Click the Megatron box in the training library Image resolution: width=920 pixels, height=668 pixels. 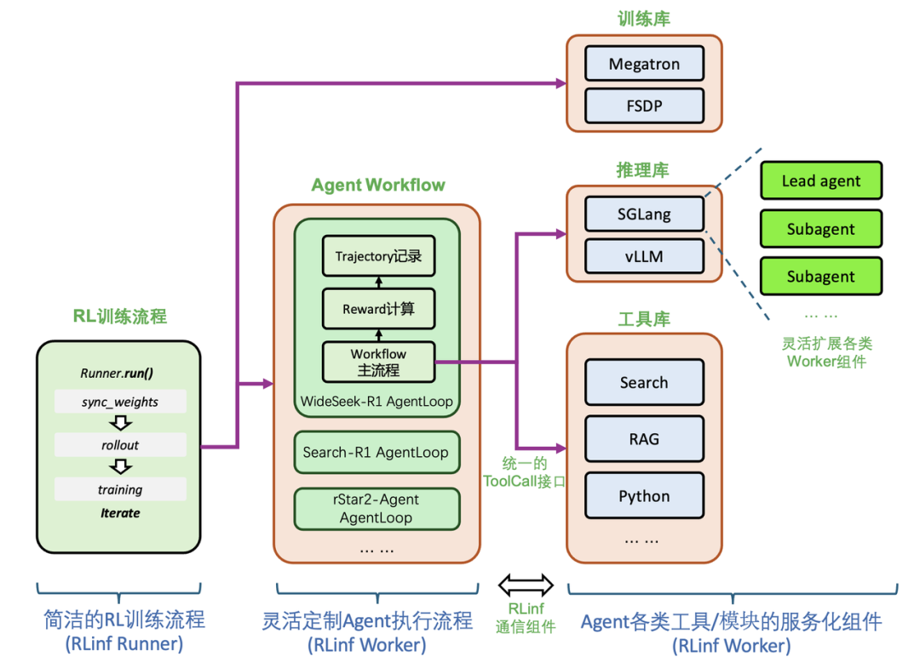[644, 65]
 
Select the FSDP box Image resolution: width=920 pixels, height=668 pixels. [644, 107]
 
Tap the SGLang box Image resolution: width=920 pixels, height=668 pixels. [644, 214]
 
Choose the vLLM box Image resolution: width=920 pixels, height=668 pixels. [644, 256]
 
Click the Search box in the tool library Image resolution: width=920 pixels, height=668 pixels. [644, 382]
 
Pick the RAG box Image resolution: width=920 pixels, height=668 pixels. [644, 439]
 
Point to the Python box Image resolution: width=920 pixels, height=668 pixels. [644, 496]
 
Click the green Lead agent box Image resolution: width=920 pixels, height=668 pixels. [820, 181]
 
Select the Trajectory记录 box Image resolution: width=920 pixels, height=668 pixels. [378, 256]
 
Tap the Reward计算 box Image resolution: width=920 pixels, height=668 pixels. [378, 309]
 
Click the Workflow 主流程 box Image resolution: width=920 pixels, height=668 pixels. [378, 362]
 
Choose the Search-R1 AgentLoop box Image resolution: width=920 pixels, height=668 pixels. [376, 452]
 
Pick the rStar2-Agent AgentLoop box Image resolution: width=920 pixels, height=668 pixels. [376, 508]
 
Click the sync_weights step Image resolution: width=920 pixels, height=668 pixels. [120, 402]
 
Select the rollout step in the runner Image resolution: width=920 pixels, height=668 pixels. [120, 445]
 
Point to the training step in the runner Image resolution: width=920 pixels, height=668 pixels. [120, 489]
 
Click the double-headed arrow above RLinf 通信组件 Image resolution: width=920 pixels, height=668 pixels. [526, 585]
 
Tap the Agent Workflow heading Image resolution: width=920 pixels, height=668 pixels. [378, 185]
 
